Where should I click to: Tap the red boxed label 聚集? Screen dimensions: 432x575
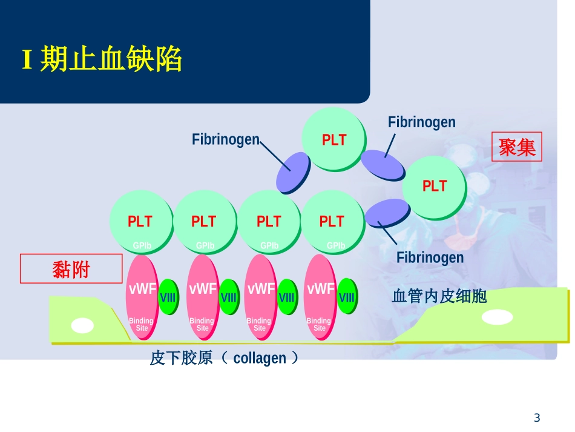point(517,147)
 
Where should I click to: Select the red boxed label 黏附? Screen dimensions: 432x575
point(71,269)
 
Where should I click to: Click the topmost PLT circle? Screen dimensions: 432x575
point(333,140)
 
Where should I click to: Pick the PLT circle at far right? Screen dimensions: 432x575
point(434,186)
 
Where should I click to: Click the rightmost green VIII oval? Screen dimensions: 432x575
point(346,297)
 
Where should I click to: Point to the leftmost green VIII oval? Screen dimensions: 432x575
point(168,297)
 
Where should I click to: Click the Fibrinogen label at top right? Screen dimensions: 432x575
point(421,122)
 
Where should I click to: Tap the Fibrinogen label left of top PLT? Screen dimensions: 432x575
point(225,139)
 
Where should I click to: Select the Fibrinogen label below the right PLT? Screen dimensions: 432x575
point(430,258)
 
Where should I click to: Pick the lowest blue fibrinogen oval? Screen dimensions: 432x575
point(387,214)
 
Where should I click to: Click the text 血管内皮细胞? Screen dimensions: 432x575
point(439,296)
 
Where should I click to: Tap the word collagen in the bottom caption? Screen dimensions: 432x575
point(259,359)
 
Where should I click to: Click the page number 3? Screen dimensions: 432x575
point(536,417)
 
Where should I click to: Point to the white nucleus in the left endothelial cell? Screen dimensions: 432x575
point(82,326)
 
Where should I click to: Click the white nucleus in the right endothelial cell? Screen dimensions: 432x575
point(499,317)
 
